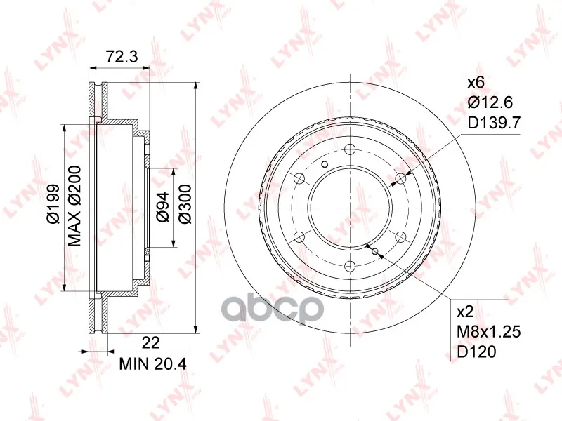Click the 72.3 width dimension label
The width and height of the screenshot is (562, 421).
point(122,56)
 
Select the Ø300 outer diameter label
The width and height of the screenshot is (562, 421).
point(185,203)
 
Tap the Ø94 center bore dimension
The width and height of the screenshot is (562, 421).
point(162,206)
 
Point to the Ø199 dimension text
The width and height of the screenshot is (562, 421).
point(53,203)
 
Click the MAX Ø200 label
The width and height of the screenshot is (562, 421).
point(74,206)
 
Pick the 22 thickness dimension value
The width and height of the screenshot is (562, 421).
point(150,342)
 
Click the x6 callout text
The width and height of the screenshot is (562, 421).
point(476,83)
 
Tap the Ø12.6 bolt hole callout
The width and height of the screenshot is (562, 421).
point(490,102)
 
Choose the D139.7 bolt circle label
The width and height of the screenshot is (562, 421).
point(494,123)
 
